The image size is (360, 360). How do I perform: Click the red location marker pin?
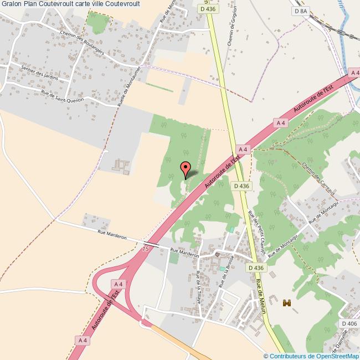tap(186, 167)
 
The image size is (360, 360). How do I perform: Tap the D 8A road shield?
tap(300, 11)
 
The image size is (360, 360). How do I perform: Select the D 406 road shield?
tap(348, 323)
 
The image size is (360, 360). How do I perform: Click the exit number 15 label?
tap(145, 250)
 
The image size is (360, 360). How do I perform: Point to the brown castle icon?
tap(286, 303)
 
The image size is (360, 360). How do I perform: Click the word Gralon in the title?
tap(12, 4)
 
